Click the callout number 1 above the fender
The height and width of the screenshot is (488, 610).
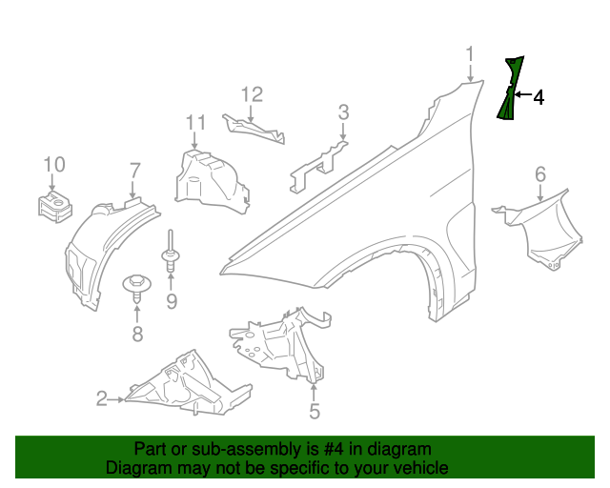[x=469, y=53]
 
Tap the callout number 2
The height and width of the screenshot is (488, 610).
[x=102, y=399]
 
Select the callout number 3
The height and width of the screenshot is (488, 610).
[x=343, y=114]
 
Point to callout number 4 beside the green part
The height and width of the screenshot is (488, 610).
[x=539, y=97]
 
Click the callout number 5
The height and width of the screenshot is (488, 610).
[x=314, y=411]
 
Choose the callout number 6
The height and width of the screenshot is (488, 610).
[x=540, y=174]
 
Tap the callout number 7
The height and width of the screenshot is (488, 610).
[x=134, y=172]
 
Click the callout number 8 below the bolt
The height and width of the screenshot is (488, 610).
[x=137, y=334]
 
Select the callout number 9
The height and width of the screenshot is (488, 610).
[x=172, y=303]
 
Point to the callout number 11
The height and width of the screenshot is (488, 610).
[x=195, y=123]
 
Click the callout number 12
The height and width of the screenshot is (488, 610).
[x=251, y=94]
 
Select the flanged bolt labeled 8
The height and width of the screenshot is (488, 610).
[x=137, y=285]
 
